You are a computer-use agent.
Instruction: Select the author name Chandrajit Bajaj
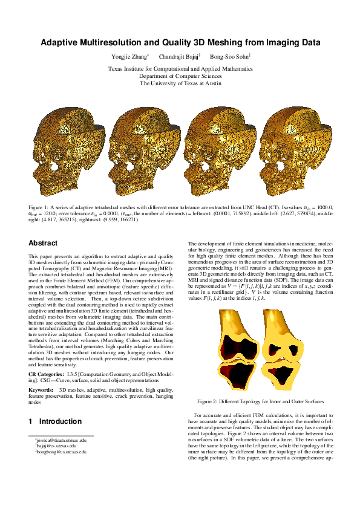[x=179, y=57]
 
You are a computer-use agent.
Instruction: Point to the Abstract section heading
[x=44, y=243]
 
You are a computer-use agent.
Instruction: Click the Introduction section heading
[x=60, y=421]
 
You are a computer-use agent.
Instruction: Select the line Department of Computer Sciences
[x=180, y=76]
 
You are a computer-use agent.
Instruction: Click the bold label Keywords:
[x=42, y=391]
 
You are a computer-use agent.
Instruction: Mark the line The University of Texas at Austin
[x=180, y=83]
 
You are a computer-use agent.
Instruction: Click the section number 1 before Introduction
[x=31, y=421]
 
